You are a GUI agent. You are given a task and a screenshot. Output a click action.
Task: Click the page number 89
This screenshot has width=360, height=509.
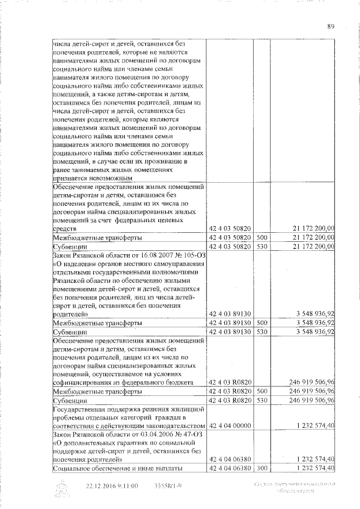(x=331, y=25)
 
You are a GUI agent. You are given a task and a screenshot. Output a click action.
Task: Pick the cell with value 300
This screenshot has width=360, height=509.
(x=260, y=468)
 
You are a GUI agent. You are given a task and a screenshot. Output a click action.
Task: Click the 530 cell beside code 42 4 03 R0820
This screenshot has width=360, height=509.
(x=260, y=400)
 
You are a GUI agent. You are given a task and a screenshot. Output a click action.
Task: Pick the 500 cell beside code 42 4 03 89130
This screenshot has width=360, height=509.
(x=260, y=323)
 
